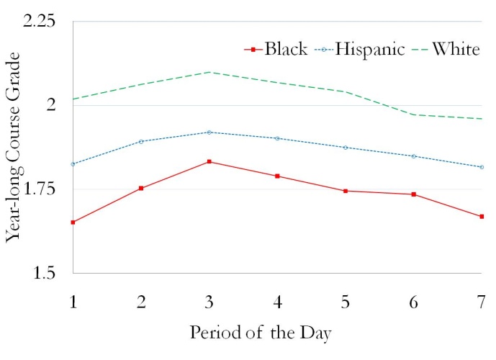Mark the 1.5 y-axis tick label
coord(45,273)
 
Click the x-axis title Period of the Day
coord(261,333)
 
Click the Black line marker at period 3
coord(209,161)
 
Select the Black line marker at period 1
coord(73,222)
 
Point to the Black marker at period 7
coord(482,216)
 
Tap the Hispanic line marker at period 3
coord(209,132)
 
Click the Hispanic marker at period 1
coord(73,164)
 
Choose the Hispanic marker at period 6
coord(414,156)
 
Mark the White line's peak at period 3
coord(209,72)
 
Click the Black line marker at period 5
coord(346,191)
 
